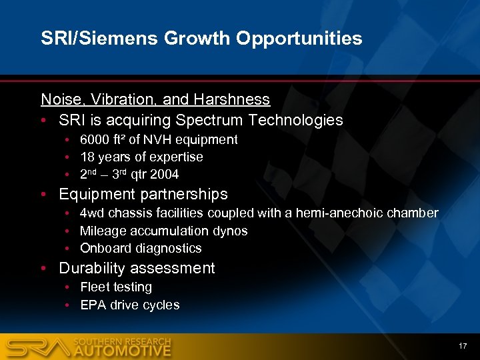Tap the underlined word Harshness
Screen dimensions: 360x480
pyautogui.click(x=232, y=100)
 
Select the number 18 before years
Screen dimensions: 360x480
pyautogui.click(x=87, y=157)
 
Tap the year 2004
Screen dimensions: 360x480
pyautogui.click(x=164, y=175)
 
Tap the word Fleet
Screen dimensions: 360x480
pyautogui.click(x=94, y=287)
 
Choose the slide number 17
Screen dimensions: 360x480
pyautogui.click(x=463, y=345)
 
